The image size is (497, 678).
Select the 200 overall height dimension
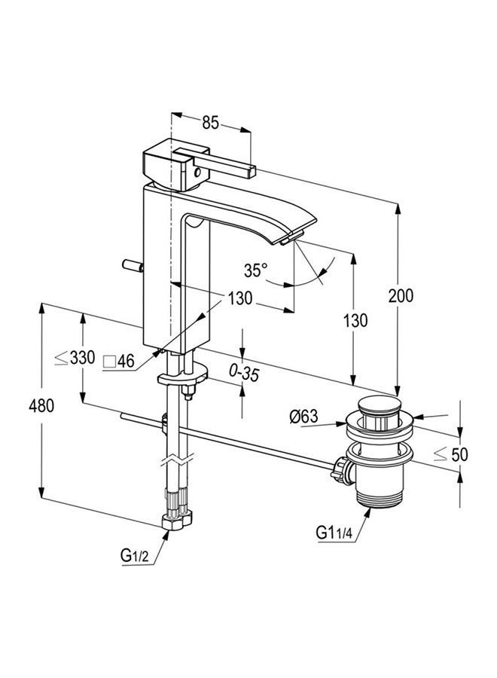coord(401,296)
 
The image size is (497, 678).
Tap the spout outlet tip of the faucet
coord(285,239)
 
